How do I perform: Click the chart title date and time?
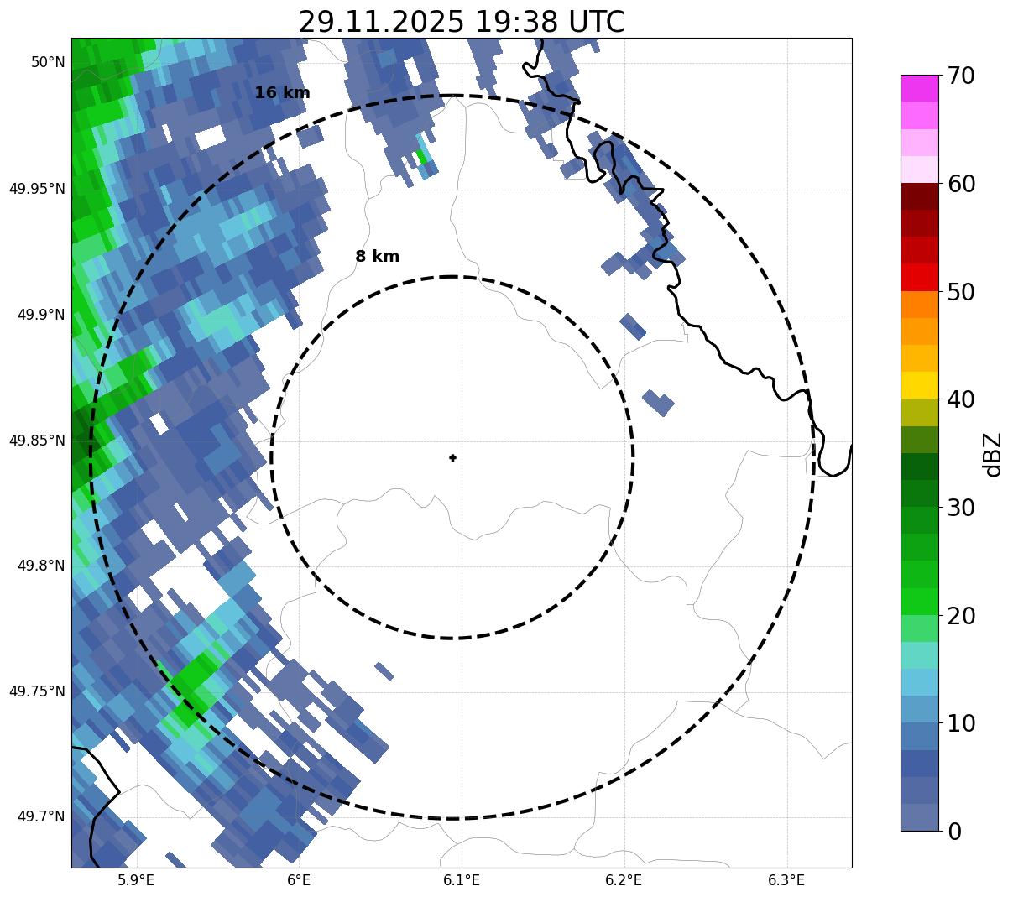pos(462,22)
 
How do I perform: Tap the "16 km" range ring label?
pos(282,93)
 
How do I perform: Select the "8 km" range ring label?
pos(377,257)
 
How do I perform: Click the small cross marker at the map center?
pos(453,457)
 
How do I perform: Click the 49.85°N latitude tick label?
pos(37,441)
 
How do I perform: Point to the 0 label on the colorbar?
pos(954,832)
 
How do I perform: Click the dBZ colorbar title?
pos(993,454)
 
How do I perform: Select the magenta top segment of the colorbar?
pos(919,88)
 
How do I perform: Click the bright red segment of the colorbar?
pos(919,277)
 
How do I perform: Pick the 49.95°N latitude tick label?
pos(37,189)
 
